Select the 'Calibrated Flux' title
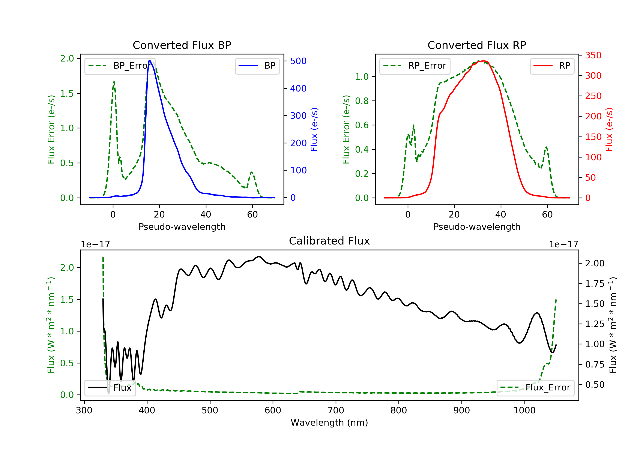point(329,241)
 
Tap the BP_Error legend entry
point(120,66)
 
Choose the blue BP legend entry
point(257,66)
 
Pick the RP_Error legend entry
point(415,66)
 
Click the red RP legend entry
point(552,66)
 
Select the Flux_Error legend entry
point(535,388)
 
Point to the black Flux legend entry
point(110,388)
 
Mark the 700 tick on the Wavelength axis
point(336,411)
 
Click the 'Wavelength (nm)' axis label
point(329,423)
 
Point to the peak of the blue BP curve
point(150,61)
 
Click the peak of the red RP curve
point(484,61)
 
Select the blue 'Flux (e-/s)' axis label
point(314,129)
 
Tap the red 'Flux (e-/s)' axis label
point(609,129)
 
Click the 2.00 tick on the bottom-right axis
point(595,264)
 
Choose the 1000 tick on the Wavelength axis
point(524,411)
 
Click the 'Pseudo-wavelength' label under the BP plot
point(182,227)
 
